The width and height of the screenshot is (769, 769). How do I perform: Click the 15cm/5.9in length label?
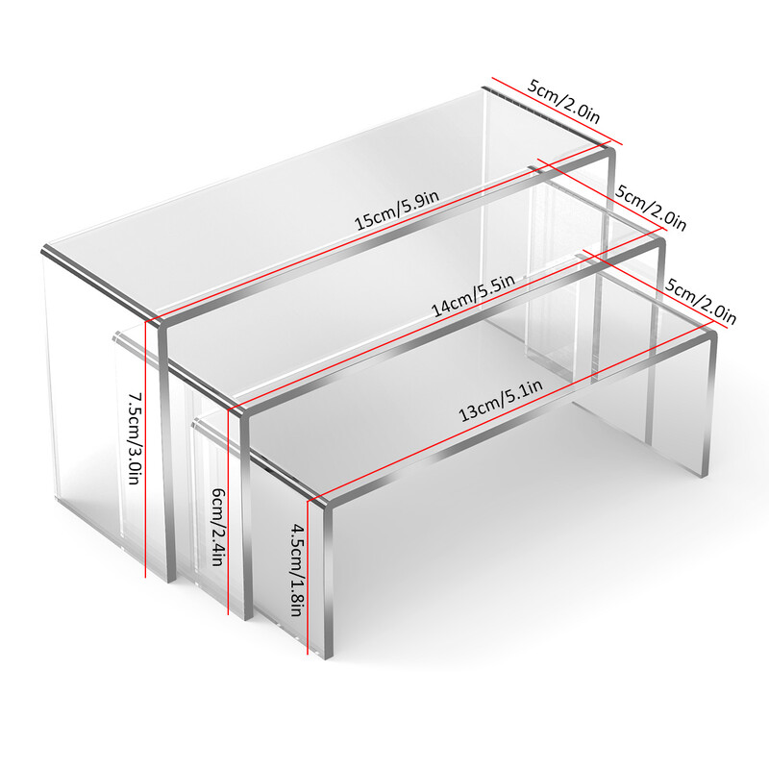point(396,211)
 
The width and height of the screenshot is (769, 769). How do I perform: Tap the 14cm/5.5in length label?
point(473,295)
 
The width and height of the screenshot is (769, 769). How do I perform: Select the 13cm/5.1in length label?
point(501,400)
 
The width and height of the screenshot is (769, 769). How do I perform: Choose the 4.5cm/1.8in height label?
point(298,570)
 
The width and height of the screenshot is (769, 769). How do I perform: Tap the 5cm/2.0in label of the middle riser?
point(651,208)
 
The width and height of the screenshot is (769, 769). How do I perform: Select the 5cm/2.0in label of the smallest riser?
point(701,301)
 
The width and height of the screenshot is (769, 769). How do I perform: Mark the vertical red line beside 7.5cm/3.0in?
point(146,449)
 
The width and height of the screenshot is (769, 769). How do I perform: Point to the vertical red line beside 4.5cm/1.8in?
point(308,578)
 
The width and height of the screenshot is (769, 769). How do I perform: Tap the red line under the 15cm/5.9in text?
point(378,231)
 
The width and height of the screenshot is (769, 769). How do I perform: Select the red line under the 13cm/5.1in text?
point(509,411)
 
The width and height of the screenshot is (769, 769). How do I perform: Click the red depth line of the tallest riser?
point(558,111)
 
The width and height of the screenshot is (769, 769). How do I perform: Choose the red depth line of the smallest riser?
point(648,285)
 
